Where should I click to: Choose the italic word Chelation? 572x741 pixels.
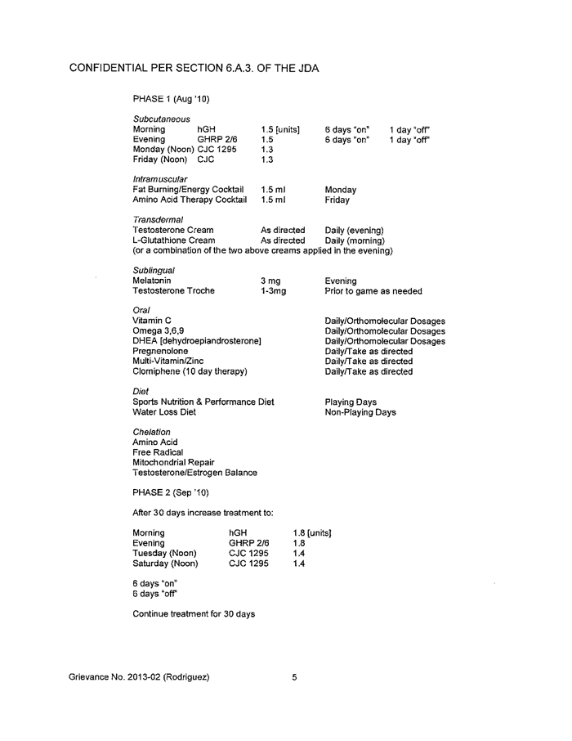pos(152,431)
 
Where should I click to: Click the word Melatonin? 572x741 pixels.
pos(152,281)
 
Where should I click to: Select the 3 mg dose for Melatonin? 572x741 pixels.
pos(270,281)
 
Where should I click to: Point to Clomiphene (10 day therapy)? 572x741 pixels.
pos(190,370)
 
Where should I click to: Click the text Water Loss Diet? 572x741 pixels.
pos(164,412)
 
